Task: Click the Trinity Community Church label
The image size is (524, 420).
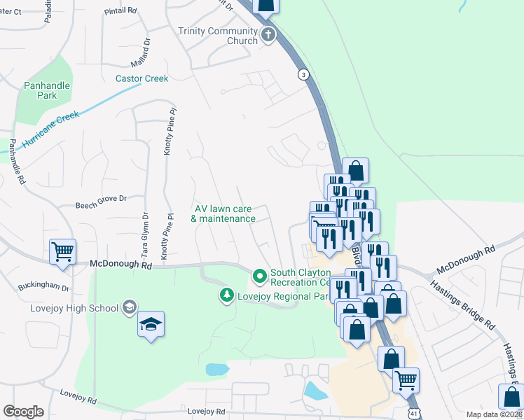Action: [218, 36]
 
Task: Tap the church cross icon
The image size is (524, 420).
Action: [268, 34]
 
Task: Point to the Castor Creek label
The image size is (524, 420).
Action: [142, 78]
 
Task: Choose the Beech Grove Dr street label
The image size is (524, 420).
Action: [101, 199]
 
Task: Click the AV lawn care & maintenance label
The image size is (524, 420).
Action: [223, 213]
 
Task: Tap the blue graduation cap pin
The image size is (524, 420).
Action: [151, 323]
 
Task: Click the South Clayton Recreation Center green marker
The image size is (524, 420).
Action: [260, 276]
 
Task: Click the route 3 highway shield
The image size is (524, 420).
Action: [303, 73]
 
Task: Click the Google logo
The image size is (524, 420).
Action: [24, 412]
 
